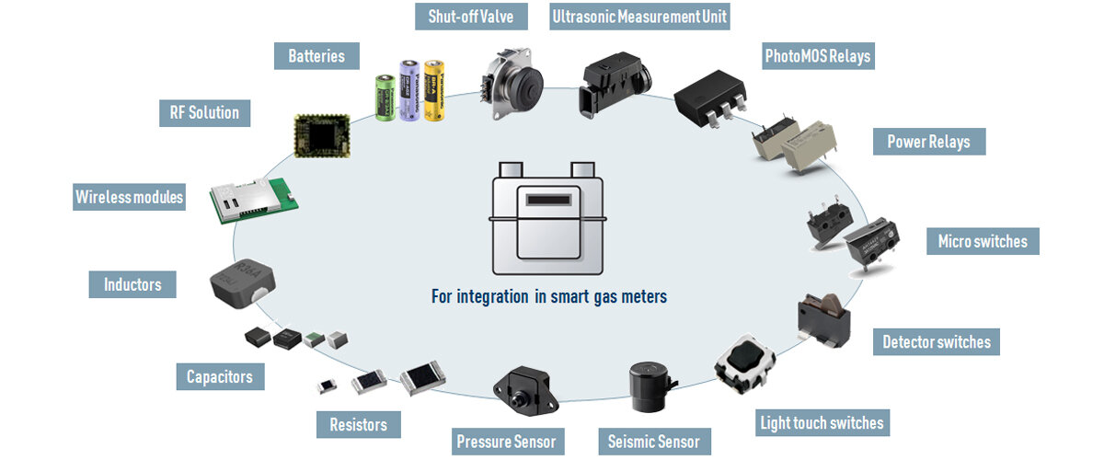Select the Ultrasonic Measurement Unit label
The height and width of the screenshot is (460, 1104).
(x=639, y=17)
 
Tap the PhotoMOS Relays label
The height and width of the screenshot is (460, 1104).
(x=817, y=57)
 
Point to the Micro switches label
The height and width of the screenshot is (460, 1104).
(x=982, y=242)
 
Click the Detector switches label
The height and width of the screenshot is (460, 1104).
(x=936, y=342)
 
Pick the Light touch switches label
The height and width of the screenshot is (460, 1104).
(x=822, y=423)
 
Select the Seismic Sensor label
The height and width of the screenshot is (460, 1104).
(x=654, y=442)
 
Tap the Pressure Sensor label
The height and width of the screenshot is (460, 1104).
(x=506, y=442)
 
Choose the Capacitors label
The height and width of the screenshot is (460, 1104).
(x=219, y=376)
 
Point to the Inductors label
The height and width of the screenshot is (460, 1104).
(x=132, y=284)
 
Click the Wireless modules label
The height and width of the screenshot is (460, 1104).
(x=129, y=197)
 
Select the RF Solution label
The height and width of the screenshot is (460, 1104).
(x=203, y=113)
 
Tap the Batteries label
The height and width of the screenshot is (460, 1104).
(x=316, y=56)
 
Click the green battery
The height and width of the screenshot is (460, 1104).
(x=385, y=97)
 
